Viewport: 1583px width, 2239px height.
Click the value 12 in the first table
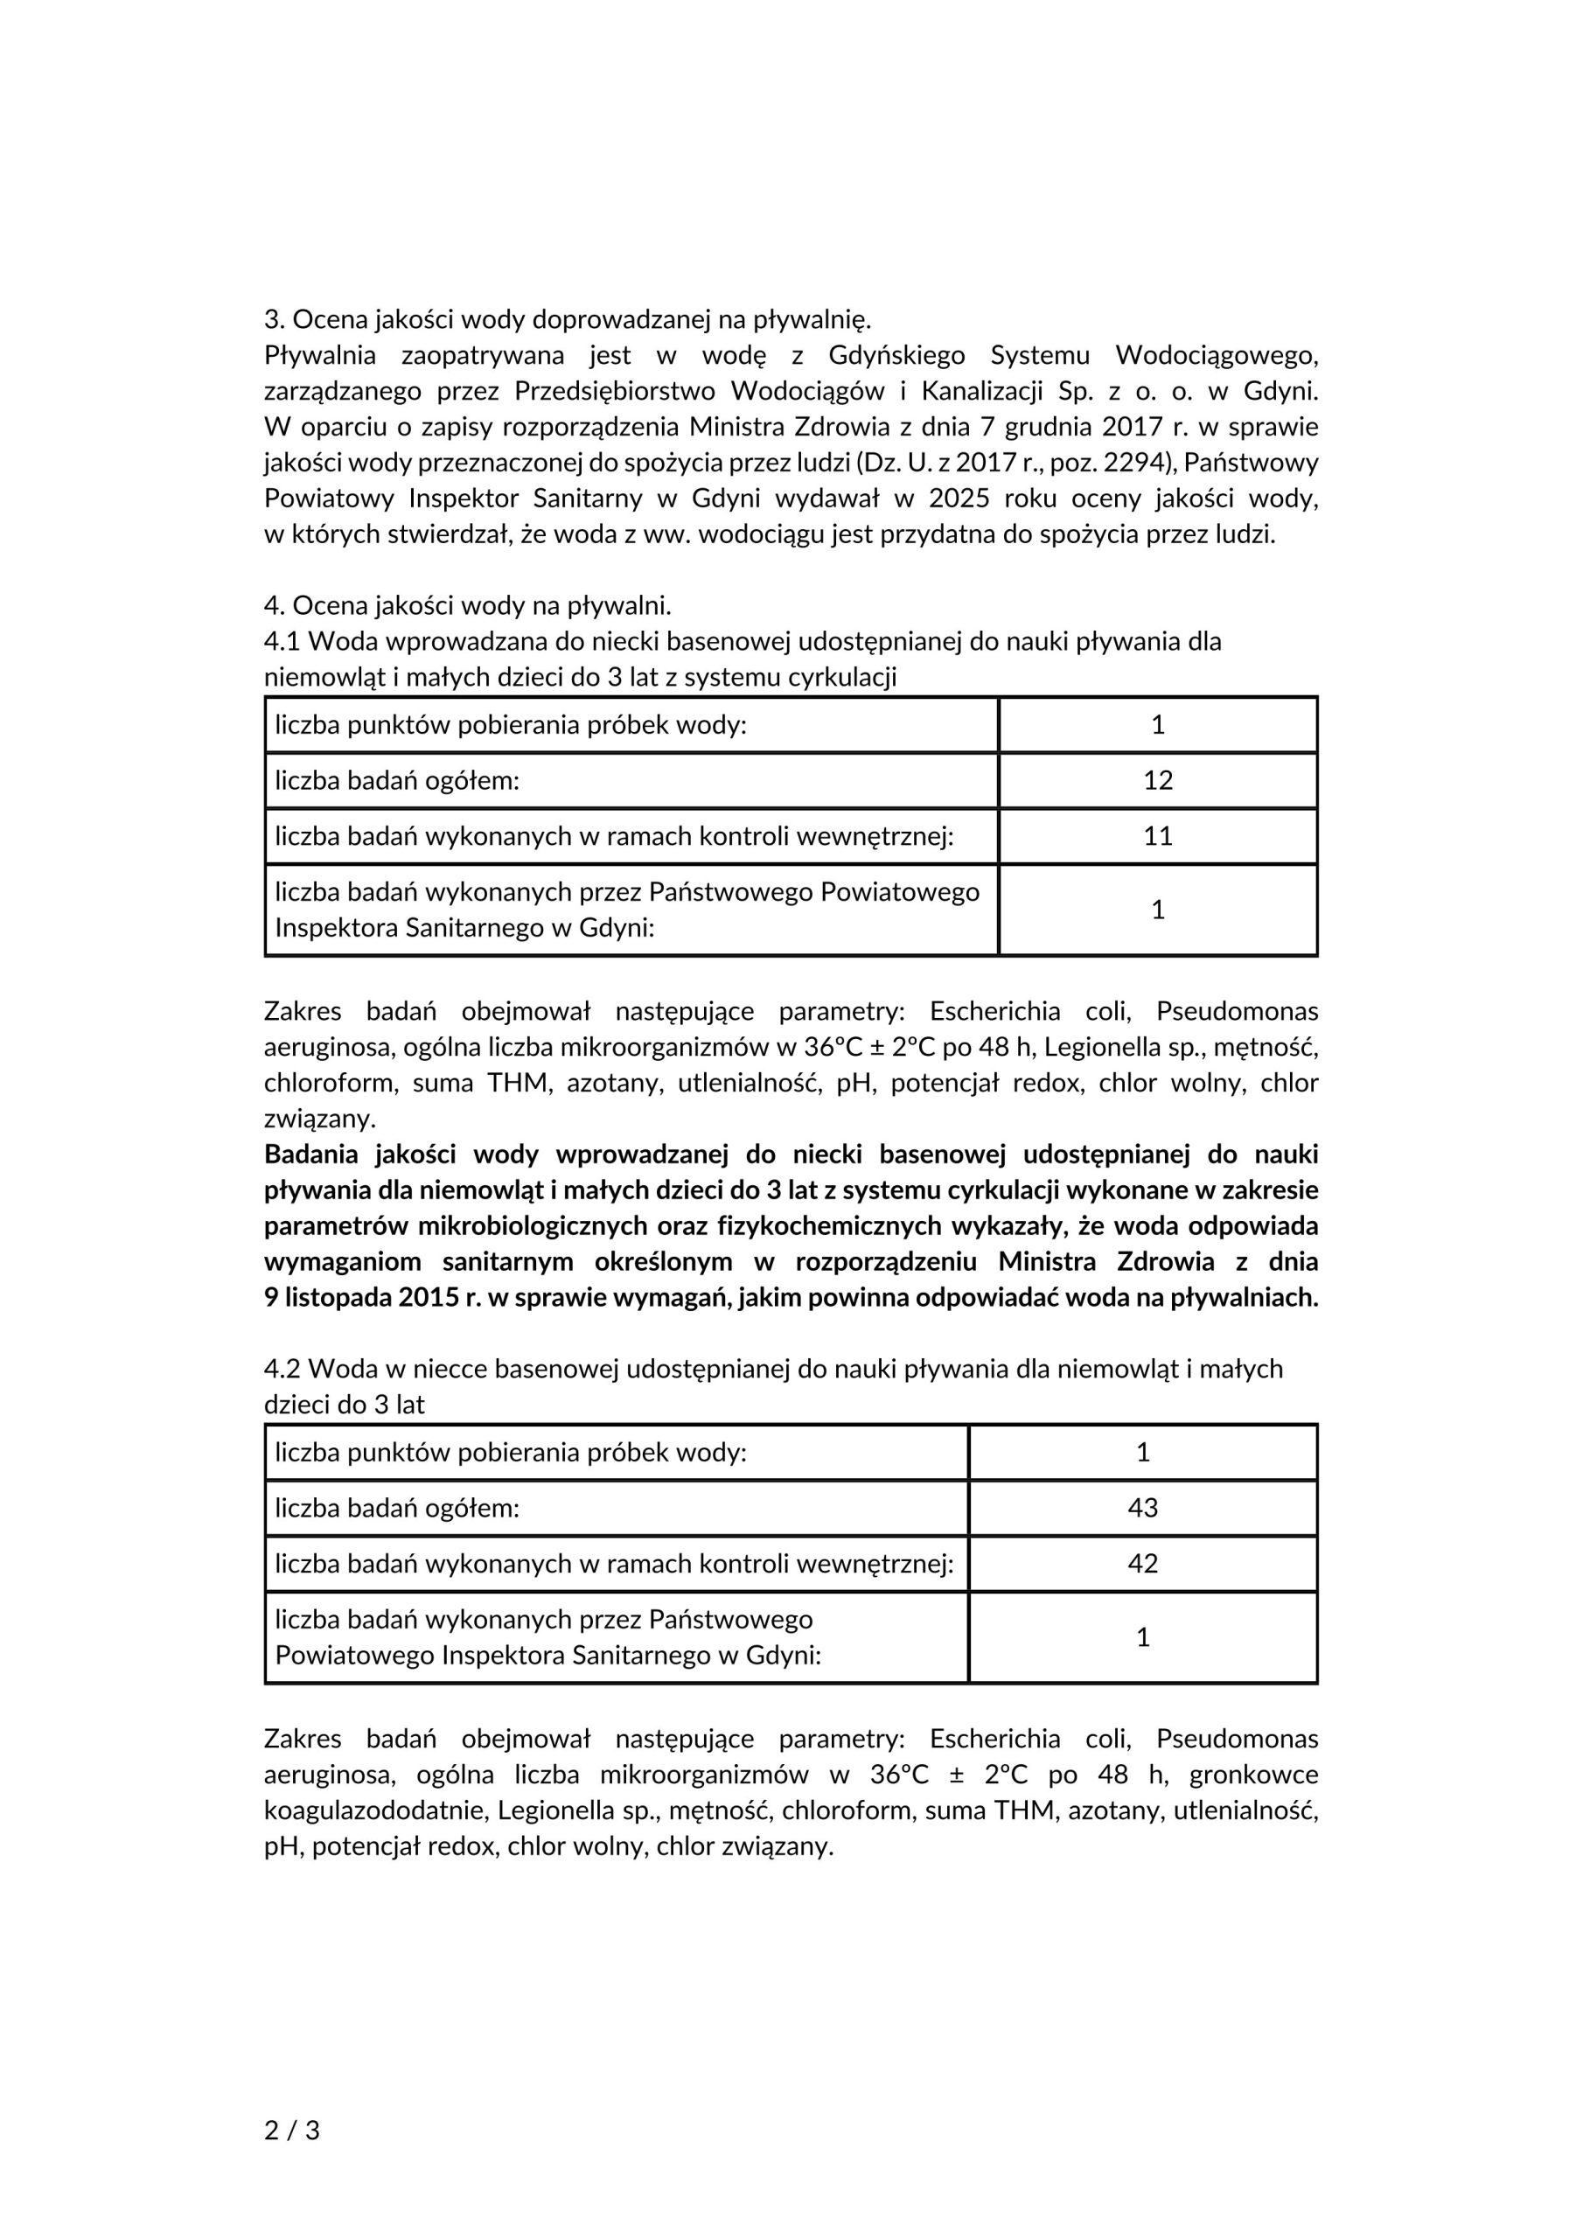pos(1158,780)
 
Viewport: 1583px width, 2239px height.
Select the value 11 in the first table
pos(1158,836)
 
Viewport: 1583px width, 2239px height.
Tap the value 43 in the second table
pos(1142,1508)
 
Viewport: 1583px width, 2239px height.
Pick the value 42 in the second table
pos(1142,1563)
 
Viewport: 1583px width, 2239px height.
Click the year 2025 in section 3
pos(959,499)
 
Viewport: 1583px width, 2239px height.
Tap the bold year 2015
pos(430,1298)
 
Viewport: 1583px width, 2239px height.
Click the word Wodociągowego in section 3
pos(1217,355)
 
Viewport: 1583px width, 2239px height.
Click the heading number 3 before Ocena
pos(271,319)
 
